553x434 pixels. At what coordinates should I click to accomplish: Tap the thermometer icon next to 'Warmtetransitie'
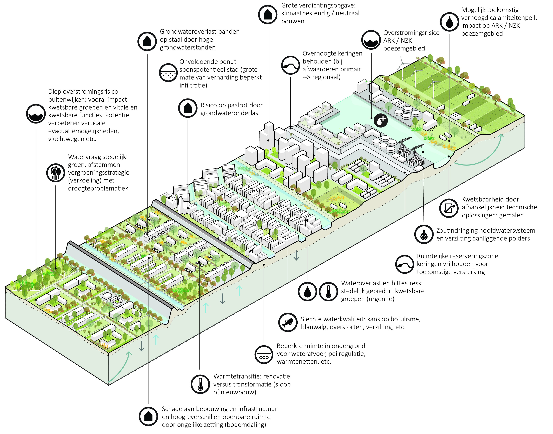pyautogui.click(x=200, y=384)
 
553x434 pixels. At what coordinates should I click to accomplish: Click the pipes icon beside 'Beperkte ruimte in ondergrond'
pyautogui.click(x=264, y=354)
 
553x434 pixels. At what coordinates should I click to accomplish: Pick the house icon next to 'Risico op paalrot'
pyautogui.click(x=188, y=108)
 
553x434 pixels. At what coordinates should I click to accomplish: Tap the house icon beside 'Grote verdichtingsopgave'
pyautogui.click(x=268, y=14)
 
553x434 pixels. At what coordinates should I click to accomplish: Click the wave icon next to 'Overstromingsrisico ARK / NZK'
pyautogui.click(x=371, y=40)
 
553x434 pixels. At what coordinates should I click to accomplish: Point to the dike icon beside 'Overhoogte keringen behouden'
pyautogui.click(x=290, y=65)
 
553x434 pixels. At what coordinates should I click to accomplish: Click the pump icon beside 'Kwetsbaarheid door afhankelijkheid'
pyautogui.click(x=449, y=208)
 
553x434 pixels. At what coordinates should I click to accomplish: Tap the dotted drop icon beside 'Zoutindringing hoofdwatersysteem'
pyautogui.click(x=424, y=234)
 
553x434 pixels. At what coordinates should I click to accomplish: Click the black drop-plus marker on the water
pyautogui.click(x=381, y=120)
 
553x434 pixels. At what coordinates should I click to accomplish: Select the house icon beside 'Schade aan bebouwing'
pyautogui.click(x=148, y=416)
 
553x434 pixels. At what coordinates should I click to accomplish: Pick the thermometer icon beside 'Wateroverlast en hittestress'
pyautogui.click(x=328, y=291)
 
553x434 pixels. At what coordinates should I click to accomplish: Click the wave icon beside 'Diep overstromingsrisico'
pyautogui.click(x=36, y=114)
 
